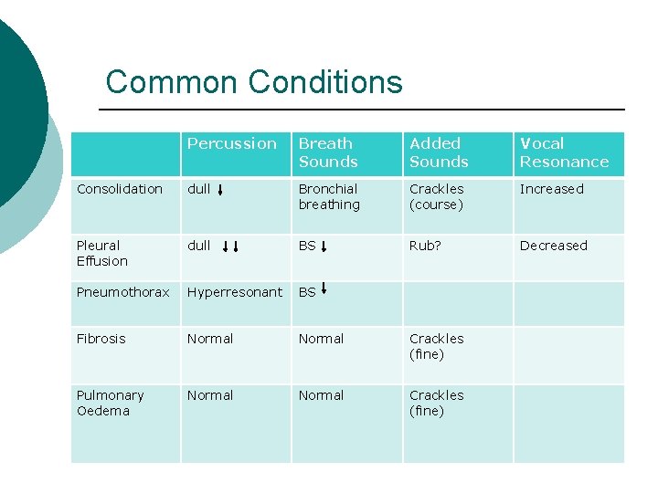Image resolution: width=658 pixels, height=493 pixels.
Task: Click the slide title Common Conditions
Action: point(254,82)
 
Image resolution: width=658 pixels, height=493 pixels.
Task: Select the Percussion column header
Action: point(231,143)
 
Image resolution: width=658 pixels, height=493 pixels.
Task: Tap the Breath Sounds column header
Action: point(327,152)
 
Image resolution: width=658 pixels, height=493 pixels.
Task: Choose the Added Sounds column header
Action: point(439,152)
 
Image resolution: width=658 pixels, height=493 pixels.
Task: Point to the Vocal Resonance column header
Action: point(563,152)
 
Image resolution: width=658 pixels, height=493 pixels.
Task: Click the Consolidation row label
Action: point(120,189)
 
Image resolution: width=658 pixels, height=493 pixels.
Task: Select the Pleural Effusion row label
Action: point(102,253)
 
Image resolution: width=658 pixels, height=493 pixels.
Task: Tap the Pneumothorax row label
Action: point(123,292)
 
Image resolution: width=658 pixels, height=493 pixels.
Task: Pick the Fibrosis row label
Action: point(101,338)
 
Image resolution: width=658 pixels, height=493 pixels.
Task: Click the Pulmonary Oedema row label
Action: point(110,403)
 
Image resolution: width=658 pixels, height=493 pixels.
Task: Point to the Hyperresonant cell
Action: point(235,292)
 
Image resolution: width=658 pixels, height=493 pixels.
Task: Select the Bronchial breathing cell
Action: point(329,196)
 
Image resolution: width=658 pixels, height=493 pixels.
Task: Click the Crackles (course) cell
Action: point(437,196)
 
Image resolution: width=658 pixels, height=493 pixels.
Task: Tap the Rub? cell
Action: point(426,245)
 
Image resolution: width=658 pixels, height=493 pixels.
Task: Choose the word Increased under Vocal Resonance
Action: point(551,189)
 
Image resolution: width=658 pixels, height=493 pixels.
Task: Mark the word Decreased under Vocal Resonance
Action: point(554,245)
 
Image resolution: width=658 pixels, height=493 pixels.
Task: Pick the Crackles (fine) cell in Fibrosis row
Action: point(437,346)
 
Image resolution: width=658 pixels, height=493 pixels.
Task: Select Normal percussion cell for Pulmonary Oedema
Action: point(210,395)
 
